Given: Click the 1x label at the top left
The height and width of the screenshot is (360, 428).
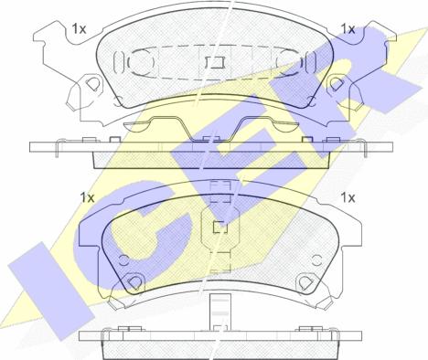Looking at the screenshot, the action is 79,29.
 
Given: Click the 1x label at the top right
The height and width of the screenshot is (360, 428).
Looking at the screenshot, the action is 348,29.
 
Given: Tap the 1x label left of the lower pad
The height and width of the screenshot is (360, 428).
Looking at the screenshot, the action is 87,198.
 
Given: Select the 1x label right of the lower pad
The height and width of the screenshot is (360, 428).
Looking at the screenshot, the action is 348,198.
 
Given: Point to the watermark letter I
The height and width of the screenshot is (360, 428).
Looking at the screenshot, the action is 50,290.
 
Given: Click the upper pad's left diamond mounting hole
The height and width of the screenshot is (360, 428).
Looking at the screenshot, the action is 91,83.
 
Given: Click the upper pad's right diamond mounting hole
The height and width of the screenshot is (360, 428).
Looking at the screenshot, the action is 336,83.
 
